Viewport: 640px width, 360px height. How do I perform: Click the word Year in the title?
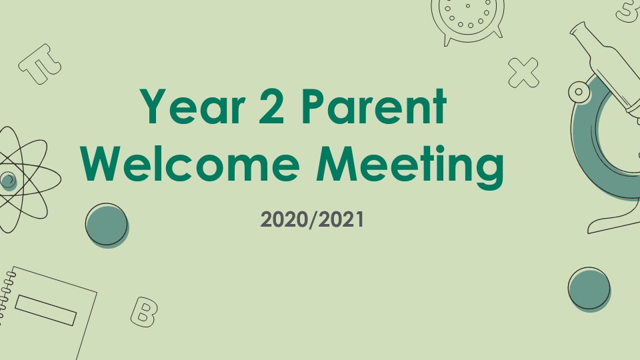point(192,106)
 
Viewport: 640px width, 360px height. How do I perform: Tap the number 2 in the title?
point(271,106)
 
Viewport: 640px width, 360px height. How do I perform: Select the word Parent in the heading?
point(374,106)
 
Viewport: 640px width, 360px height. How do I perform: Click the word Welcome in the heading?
point(190,163)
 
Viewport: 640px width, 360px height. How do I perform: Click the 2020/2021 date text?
point(312,219)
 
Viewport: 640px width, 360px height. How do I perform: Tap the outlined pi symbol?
point(40,64)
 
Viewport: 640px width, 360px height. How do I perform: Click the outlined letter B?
point(144,312)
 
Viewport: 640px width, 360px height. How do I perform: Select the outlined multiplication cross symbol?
point(523,73)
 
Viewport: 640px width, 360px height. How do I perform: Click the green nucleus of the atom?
point(8,180)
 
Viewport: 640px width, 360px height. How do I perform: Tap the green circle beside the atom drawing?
point(107,226)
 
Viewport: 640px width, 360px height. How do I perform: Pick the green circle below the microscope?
point(589,289)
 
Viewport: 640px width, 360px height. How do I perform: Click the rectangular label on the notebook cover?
point(46,310)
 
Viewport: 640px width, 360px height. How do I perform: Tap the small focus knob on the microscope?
point(579,92)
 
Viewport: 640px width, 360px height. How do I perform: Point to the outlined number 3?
point(629,10)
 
